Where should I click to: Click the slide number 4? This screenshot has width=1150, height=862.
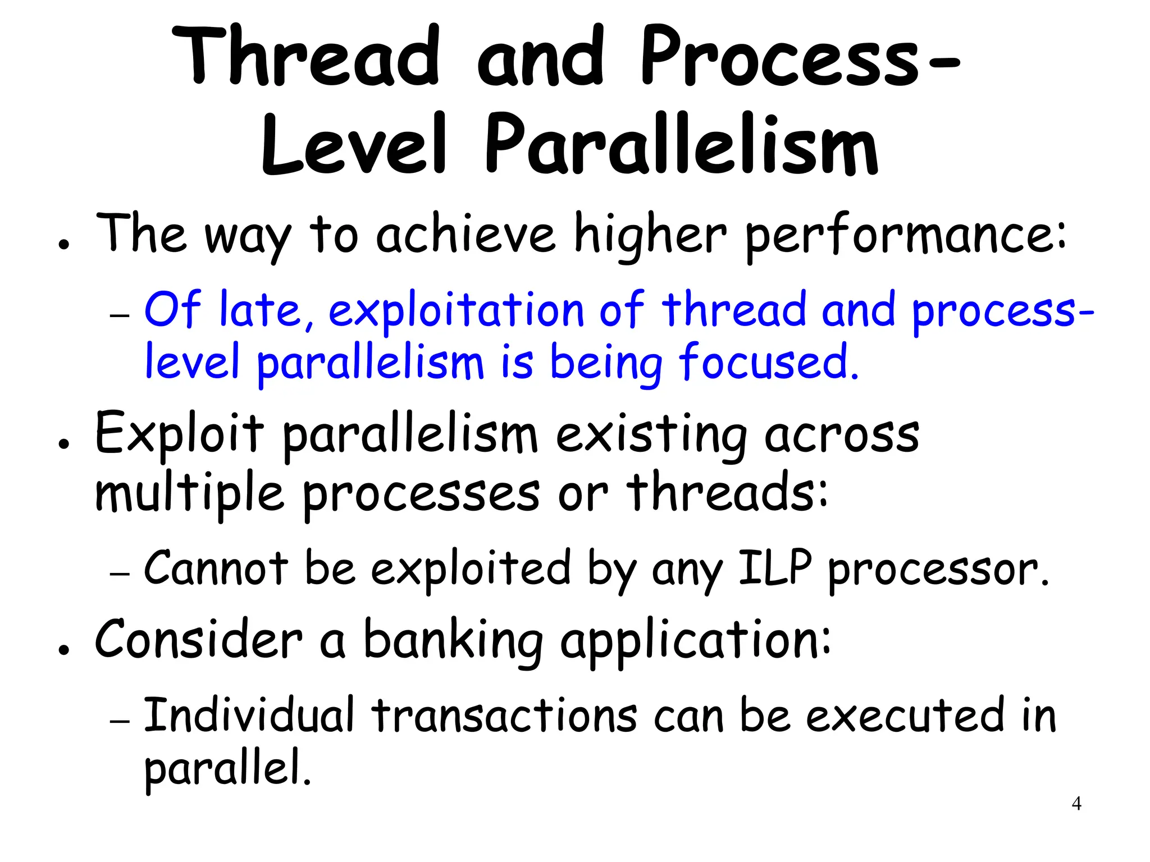1076,804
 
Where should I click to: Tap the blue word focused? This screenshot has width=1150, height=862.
769,363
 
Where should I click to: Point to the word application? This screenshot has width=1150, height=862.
695,641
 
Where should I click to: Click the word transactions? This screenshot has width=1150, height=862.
504,716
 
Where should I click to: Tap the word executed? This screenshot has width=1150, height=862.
905,716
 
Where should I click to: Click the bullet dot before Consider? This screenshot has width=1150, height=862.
65,649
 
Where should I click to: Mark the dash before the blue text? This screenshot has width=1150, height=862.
120,315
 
